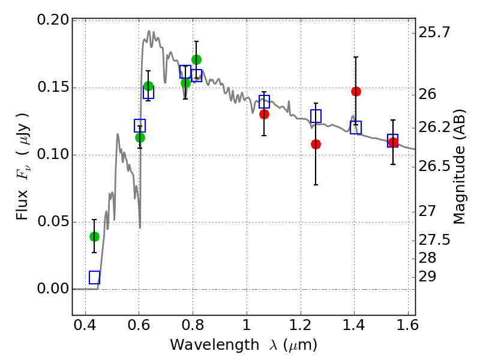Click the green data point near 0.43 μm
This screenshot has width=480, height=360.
[94, 236]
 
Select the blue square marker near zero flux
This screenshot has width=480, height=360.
[94, 277]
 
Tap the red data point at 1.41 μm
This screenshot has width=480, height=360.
[356, 91]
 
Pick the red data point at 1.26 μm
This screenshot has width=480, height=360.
[316, 144]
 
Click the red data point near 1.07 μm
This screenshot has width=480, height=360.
[264, 114]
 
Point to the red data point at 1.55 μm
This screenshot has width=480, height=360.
[393, 142]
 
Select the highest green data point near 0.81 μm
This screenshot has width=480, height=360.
[196, 59]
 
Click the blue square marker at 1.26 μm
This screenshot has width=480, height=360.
[316, 116]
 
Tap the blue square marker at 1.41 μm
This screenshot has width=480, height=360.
[356, 127]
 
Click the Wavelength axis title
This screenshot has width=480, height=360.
[243, 346]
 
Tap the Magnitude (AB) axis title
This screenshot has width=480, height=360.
[460, 167]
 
